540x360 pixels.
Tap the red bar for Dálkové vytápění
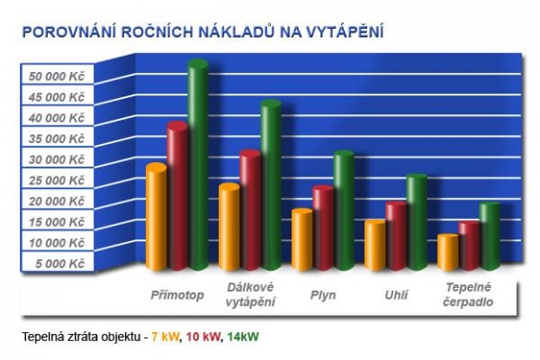(250, 211)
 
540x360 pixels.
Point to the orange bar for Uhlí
(375, 245)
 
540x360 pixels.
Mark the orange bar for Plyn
(302, 239)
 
